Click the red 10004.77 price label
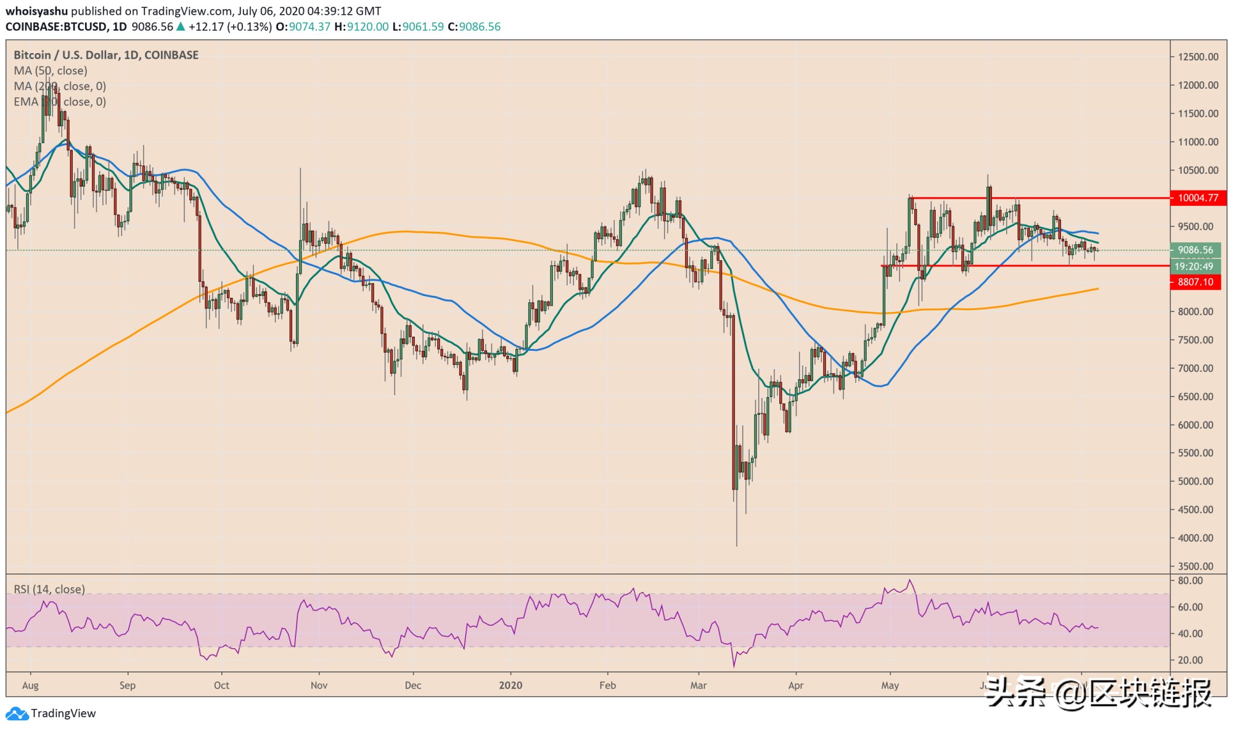[x=1198, y=198]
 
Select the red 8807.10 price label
[x=1195, y=282]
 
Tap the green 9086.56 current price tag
[x=1195, y=250]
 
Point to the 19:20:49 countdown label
[x=1194, y=266]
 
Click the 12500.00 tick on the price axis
[x=1198, y=57]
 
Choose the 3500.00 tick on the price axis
[x=1195, y=566]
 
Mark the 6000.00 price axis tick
[x=1195, y=425]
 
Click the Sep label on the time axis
[x=128, y=685]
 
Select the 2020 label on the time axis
[x=510, y=685]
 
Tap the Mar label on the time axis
[x=698, y=685]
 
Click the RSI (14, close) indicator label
[x=49, y=589]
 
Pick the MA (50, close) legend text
[x=51, y=70]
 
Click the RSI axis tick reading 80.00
[x=1190, y=581]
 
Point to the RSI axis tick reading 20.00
[x=1190, y=660]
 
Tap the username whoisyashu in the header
[x=36, y=11]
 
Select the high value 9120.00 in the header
[x=368, y=27]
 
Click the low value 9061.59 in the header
[x=423, y=27]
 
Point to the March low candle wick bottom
[x=737, y=545]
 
